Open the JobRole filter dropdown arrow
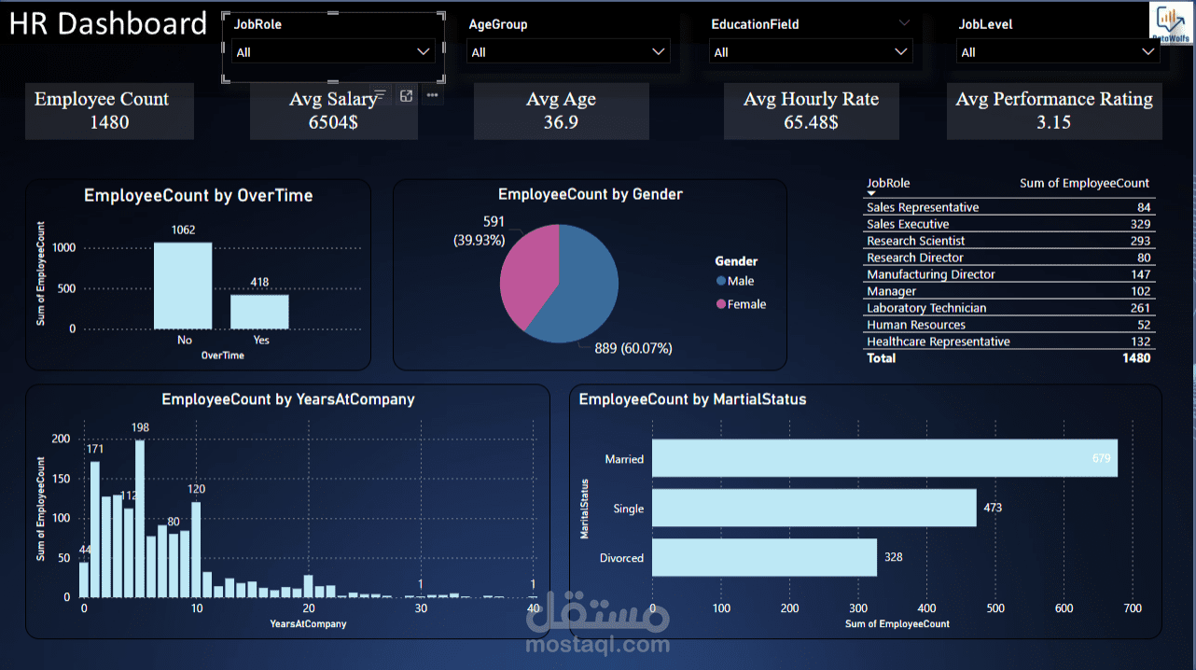(424, 52)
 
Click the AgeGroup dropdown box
(567, 52)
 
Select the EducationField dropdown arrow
(900, 52)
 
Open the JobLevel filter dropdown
(1057, 52)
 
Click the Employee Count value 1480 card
(109, 122)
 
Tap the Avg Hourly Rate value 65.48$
(811, 122)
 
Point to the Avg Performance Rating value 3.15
(1053, 122)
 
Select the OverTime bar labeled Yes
(260, 312)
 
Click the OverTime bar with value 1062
(183, 286)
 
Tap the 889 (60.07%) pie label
(633, 348)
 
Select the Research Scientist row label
(915, 241)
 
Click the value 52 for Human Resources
(1144, 325)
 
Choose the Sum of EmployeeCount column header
(1084, 183)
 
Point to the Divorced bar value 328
(893, 557)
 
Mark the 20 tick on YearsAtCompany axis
(309, 608)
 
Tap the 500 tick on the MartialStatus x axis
(995, 608)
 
